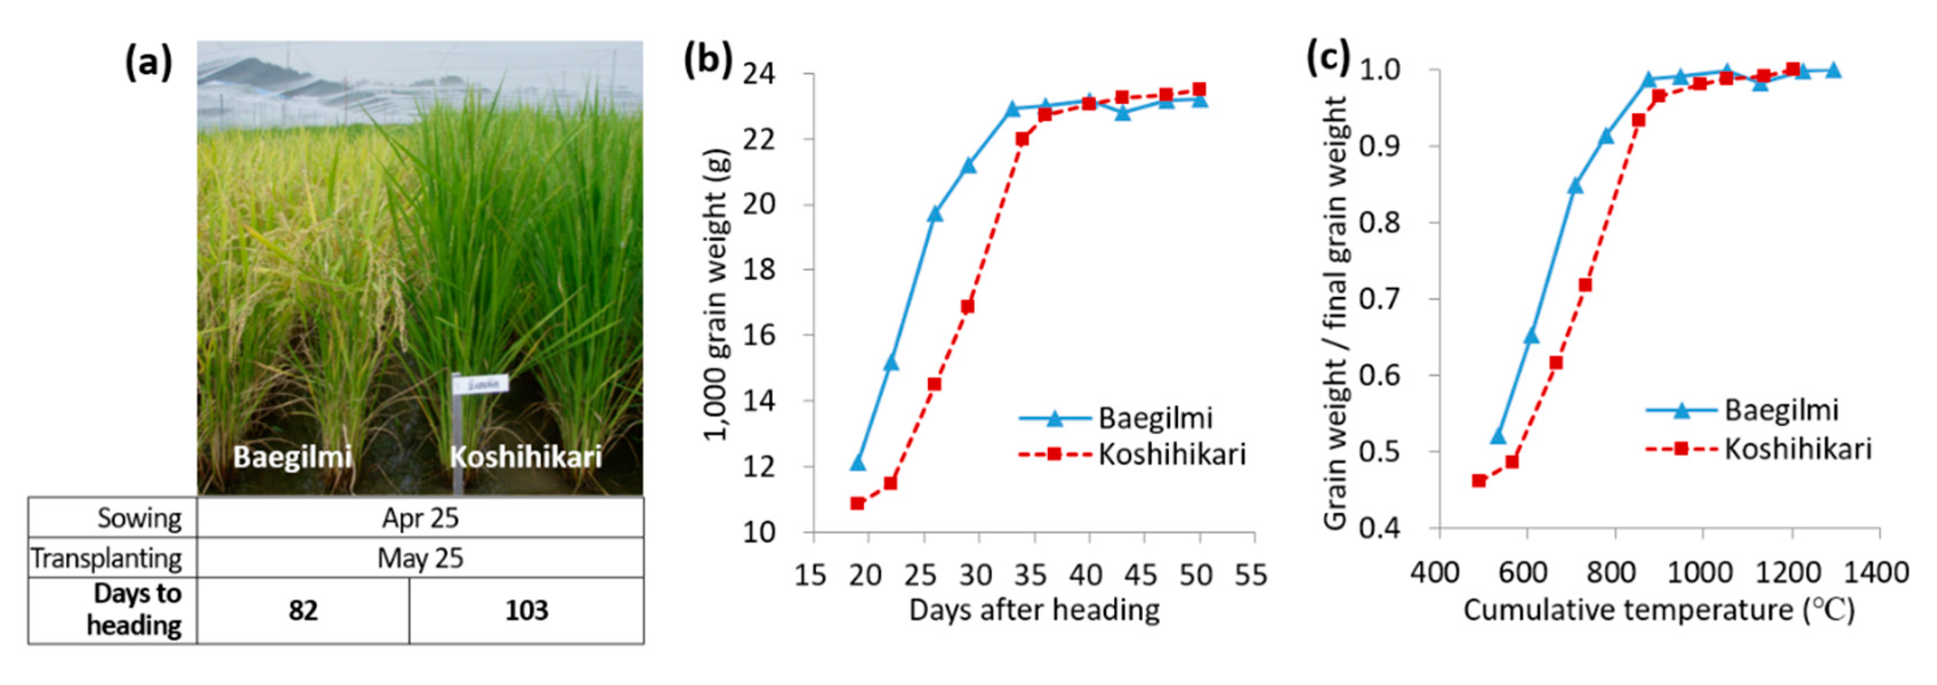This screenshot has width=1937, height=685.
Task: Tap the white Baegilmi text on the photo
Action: pyautogui.click(x=292, y=457)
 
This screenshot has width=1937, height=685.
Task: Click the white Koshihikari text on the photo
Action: pyautogui.click(x=526, y=457)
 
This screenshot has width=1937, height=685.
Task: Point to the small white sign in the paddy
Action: pyautogui.click(x=480, y=384)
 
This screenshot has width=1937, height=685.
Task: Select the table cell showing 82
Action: pyautogui.click(x=303, y=610)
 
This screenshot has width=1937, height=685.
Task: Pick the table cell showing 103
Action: pyautogui.click(x=526, y=610)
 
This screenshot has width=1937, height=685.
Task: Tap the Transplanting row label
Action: pyautogui.click(x=106, y=558)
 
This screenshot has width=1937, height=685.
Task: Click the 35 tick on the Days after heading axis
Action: pyautogui.click(x=1030, y=576)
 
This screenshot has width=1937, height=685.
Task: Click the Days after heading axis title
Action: pyautogui.click(x=1034, y=610)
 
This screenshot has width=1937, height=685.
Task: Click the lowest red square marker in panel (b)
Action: pyautogui.click(x=857, y=503)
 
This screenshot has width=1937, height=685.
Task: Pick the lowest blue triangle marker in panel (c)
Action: pyautogui.click(x=1498, y=437)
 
